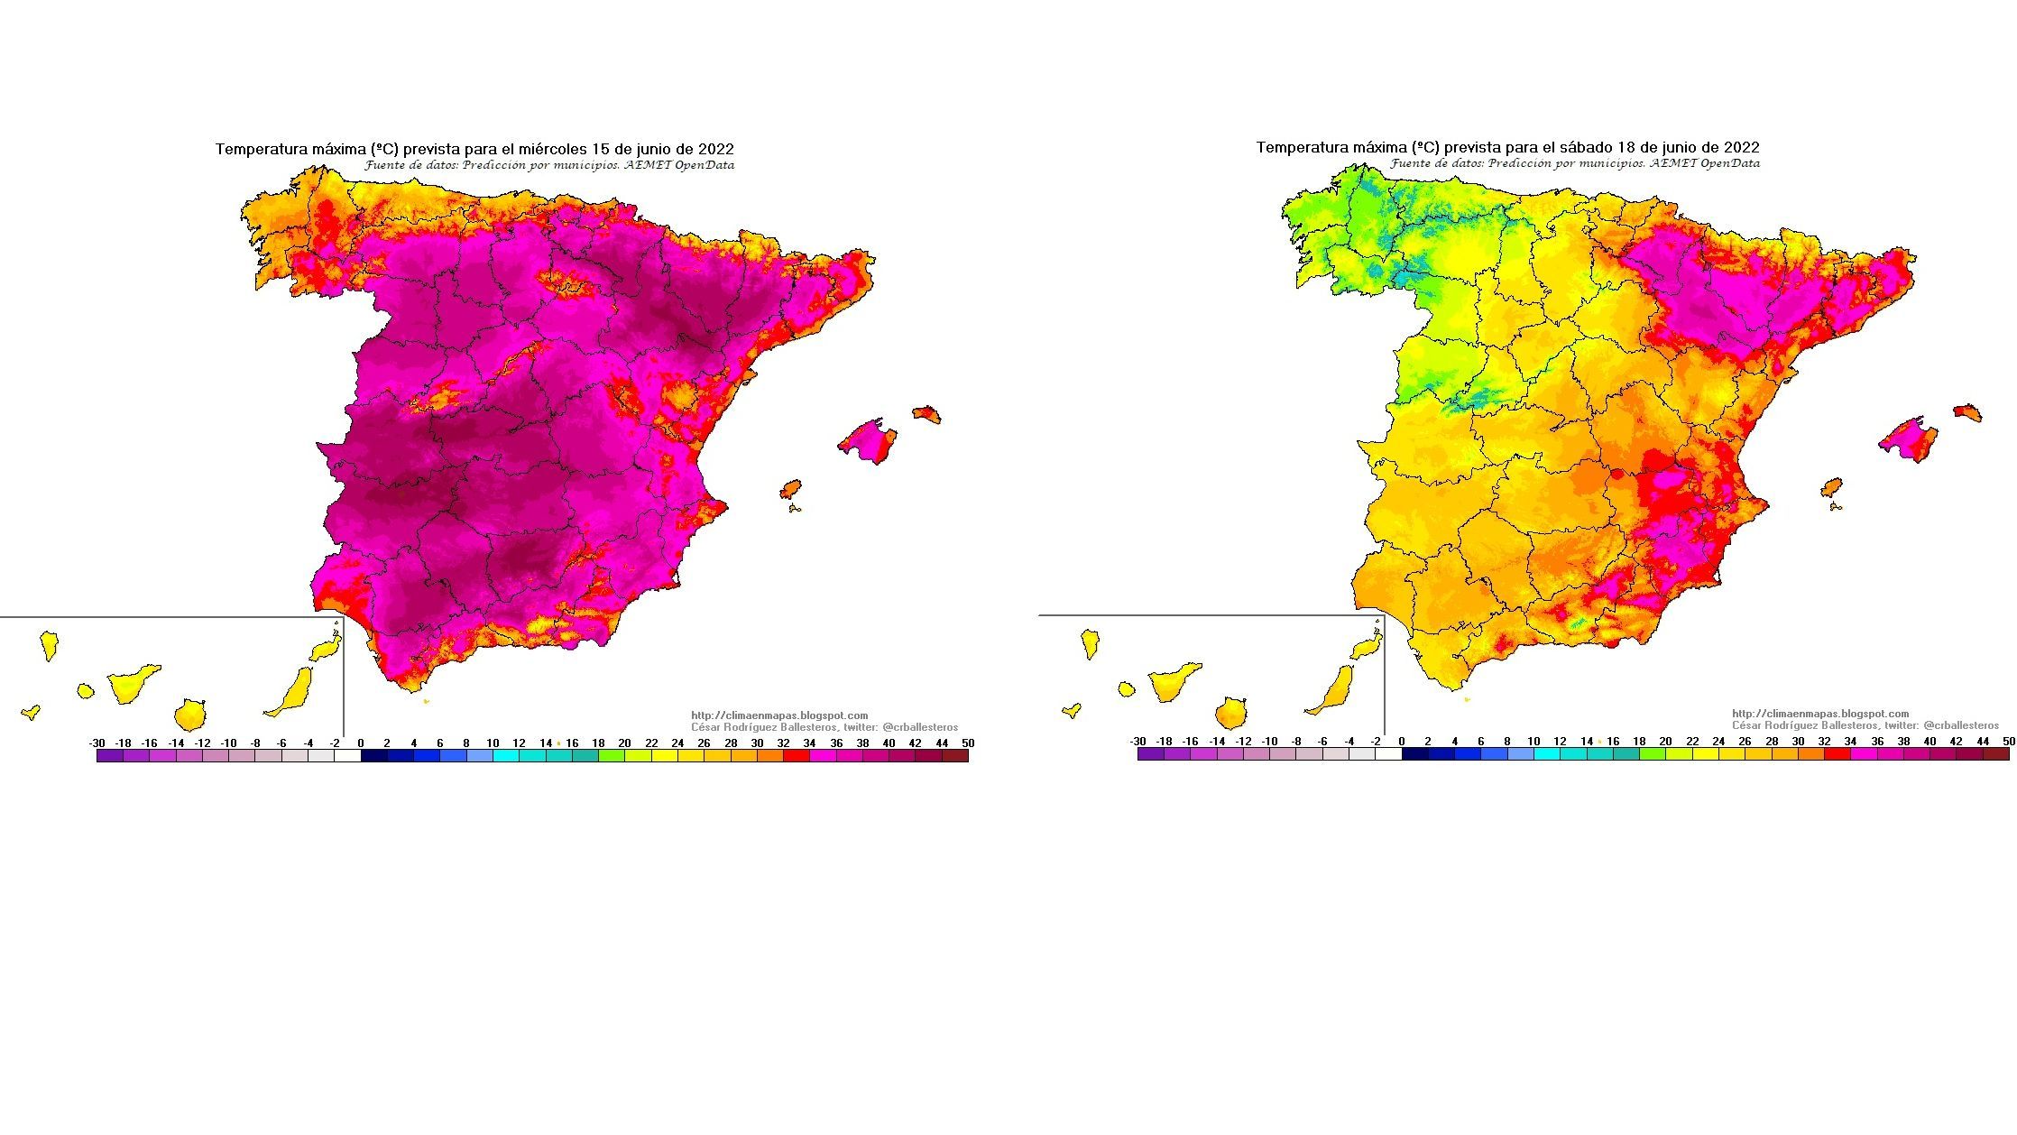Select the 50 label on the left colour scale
(x=968, y=743)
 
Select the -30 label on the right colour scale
(x=1137, y=742)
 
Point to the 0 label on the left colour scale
(x=361, y=743)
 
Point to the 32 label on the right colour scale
(x=1824, y=742)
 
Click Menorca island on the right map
(x=1967, y=412)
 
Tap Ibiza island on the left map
(x=790, y=489)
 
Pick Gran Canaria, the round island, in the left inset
(x=190, y=715)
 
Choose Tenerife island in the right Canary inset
(x=1174, y=682)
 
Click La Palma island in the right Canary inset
(x=1090, y=643)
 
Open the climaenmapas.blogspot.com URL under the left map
(x=779, y=715)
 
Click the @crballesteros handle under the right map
(x=1960, y=725)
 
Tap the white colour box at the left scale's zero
(x=347, y=756)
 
